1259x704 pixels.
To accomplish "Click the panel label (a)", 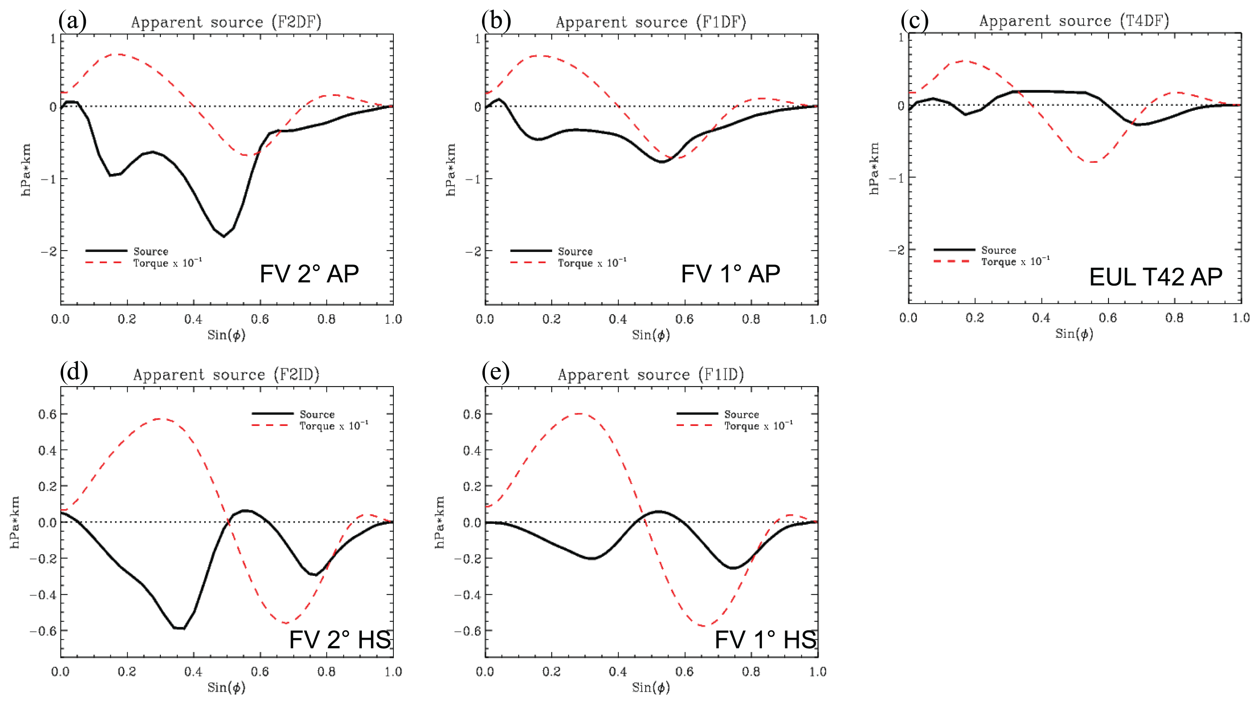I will click(x=73, y=21).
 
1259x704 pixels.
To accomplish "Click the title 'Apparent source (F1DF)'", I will click(x=650, y=22).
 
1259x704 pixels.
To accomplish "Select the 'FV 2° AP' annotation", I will click(x=309, y=274).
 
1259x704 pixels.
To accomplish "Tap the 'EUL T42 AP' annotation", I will click(x=1155, y=277).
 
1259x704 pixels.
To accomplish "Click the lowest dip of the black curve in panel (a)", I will click(x=224, y=237).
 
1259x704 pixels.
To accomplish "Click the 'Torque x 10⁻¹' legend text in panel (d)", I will click(x=334, y=426).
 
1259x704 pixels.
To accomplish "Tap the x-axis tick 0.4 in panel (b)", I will click(x=618, y=319).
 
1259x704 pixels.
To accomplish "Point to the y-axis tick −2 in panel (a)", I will click(x=48, y=251).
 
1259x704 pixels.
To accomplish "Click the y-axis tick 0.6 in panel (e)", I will click(x=472, y=414).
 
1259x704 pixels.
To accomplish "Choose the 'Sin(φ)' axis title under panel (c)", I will click(x=1074, y=334).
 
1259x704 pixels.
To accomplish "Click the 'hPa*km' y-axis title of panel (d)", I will click(x=15, y=522).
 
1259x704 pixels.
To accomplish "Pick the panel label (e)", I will click(x=495, y=373).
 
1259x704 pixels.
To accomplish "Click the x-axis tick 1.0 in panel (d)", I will click(x=393, y=672).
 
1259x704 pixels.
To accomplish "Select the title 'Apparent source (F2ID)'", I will click(x=226, y=375).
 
